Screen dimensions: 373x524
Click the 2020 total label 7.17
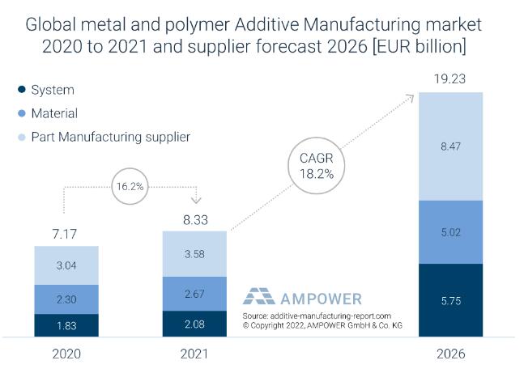[66, 235]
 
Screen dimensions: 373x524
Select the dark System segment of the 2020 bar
[66, 324]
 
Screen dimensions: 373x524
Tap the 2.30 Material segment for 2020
[66, 299]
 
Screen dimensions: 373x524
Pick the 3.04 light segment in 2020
[66, 265]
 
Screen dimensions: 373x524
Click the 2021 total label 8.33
[194, 220]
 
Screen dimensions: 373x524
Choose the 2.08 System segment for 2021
[194, 323]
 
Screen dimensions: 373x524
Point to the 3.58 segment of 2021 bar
[194, 254]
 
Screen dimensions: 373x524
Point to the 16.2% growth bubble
[130, 185]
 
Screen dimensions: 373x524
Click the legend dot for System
[21, 90]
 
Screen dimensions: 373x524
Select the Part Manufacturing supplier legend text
[110, 137]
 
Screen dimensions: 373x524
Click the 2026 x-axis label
[449, 354]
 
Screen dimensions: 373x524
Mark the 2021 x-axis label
[194, 354]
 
